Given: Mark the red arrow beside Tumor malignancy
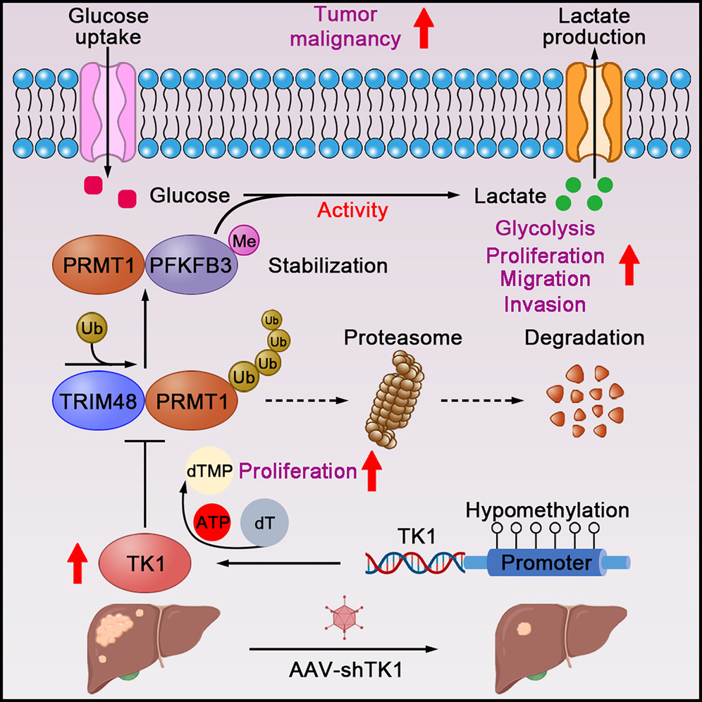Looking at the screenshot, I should coord(424,34).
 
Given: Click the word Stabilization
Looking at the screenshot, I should coord(328,266).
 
